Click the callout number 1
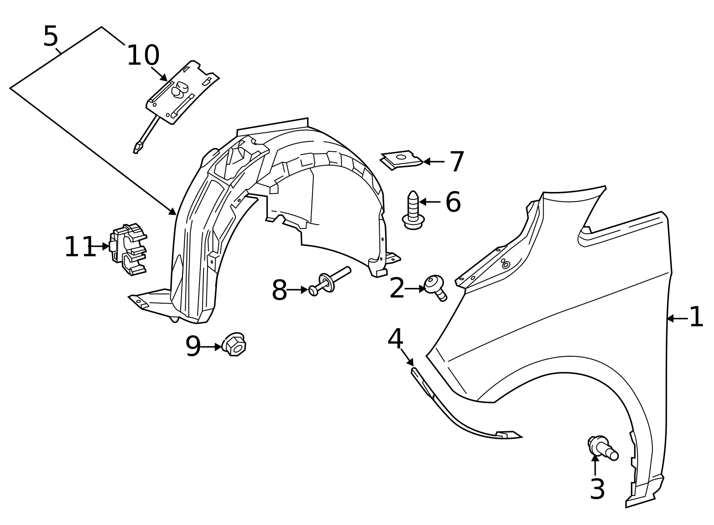(x=696, y=317)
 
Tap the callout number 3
(x=597, y=489)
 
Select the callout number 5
(x=50, y=37)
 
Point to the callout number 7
(x=457, y=162)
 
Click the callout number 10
(x=143, y=56)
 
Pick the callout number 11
(x=80, y=247)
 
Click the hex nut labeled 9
(x=235, y=344)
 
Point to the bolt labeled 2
(x=435, y=286)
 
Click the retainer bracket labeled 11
(x=129, y=249)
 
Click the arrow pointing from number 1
(x=676, y=318)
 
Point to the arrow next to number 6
(x=429, y=202)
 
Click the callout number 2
(x=397, y=288)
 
